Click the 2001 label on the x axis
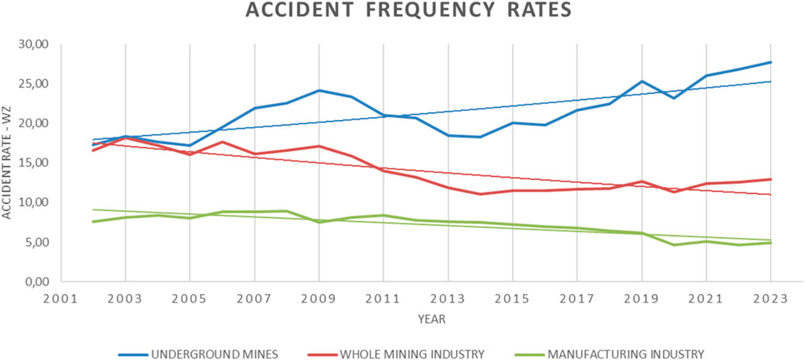tap(60, 298)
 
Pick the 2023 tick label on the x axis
tap(770, 298)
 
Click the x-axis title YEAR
tap(431, 318)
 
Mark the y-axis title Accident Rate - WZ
tap(8, 163)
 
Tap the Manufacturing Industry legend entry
tap(626, 354)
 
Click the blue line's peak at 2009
tap(318, 91)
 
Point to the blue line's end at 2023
tap(770, 62)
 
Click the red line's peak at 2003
tap(125, 137)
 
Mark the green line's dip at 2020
tap(673, 245)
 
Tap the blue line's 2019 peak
tap(641, 81)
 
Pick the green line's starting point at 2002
tap(93, 222)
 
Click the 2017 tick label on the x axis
tap(576, 298)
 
